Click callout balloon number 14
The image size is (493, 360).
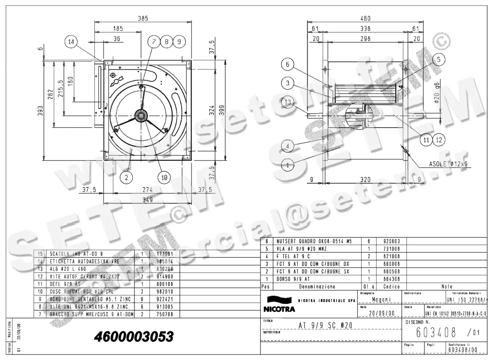point(71,41)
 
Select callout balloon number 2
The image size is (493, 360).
point(127,177)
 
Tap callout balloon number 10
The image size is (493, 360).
point(164,177)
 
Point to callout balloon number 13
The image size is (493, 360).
point(288,102)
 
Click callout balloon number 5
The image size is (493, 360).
point(439,60)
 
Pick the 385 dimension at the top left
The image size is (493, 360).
point(142,18)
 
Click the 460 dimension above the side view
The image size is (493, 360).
point(365,18)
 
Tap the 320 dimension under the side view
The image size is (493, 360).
point(365,179)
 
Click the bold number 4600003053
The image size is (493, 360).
point(134,337)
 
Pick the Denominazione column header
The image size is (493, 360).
point(317,287)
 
